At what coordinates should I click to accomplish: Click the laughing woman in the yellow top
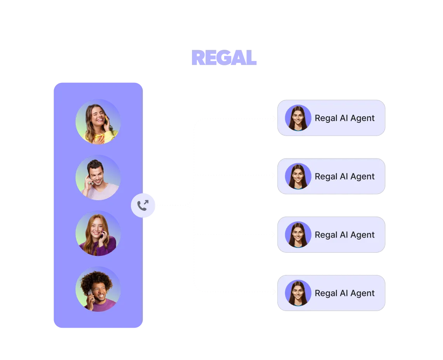(98, 121)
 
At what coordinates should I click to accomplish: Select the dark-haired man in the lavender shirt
(98, 177)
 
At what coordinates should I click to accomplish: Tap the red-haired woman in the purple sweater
(98, 233)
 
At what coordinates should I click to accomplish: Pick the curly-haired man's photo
(98, 289)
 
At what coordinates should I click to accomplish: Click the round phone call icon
(143, 205)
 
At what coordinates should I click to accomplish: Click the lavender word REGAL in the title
(224, 58)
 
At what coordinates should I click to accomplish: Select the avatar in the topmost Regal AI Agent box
(298, 118)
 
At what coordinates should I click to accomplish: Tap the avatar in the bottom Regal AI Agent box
(298, 293)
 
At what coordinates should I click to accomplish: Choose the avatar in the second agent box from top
(298, 176)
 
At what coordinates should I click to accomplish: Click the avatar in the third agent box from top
(298, 234)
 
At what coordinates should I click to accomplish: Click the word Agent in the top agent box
(363, 118)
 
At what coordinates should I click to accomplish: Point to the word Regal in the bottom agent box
(326, 293)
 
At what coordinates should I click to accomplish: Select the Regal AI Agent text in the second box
(345, 177)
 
